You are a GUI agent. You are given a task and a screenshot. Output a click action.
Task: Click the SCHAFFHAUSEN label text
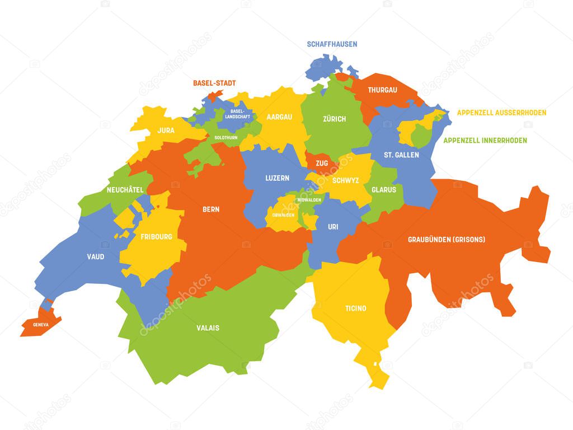pos(332,44)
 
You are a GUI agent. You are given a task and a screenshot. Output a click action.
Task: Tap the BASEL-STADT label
pos(214,83)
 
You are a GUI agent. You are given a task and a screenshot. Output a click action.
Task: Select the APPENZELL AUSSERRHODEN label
pos(501,113)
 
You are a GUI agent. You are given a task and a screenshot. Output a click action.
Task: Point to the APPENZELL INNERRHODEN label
pos(485,140)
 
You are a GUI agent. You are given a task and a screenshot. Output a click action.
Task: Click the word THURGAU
pos(382,90)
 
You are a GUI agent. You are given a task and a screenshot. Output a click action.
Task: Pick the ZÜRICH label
pos(334,119)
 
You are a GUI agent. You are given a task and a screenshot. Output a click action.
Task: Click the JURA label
pos(166,130)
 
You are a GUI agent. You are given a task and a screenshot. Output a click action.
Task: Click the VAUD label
pos(95,256)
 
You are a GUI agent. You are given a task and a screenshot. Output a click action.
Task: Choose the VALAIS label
pos(208,328)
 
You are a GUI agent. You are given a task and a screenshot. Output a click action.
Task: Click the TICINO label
pos(355,308)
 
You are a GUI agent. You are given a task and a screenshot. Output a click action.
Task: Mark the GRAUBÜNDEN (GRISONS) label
pos(446,239)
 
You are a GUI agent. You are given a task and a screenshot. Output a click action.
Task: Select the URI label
pos(332,227)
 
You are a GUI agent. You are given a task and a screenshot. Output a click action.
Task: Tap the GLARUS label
pos(384,189)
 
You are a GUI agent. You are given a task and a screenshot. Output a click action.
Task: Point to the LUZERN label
pos(277,178)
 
